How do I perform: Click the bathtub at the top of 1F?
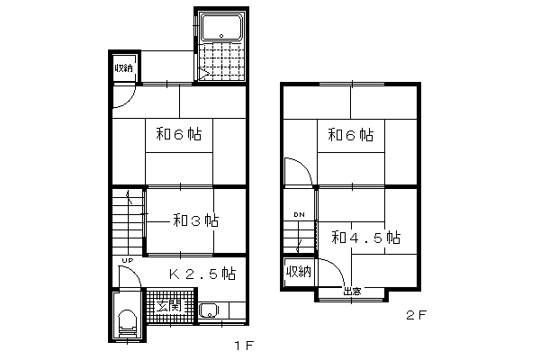coord(221,27)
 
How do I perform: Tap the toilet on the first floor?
coord(127,324)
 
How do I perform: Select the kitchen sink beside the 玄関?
coord(209,311)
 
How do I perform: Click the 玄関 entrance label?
coord(168,306)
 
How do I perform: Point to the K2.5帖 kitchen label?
coord(202,274)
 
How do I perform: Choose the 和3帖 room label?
coord(195,220)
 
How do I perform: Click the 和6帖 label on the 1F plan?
coord(179,134)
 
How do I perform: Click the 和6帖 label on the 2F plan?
coord(351,135)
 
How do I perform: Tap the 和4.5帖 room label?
coord(365,238)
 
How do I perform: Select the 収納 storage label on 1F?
coord(123,67)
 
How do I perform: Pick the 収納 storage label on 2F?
coord(299,272)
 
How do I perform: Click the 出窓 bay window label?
coord(352,292)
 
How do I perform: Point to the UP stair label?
coord(128,261)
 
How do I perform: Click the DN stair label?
coord(299,214)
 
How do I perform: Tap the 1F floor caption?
coord(244,346)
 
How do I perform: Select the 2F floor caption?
coord(417,315)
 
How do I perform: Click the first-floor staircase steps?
coord(128,222)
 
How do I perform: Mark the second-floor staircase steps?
coord(299,238)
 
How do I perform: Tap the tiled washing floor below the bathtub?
coord(221,62)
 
